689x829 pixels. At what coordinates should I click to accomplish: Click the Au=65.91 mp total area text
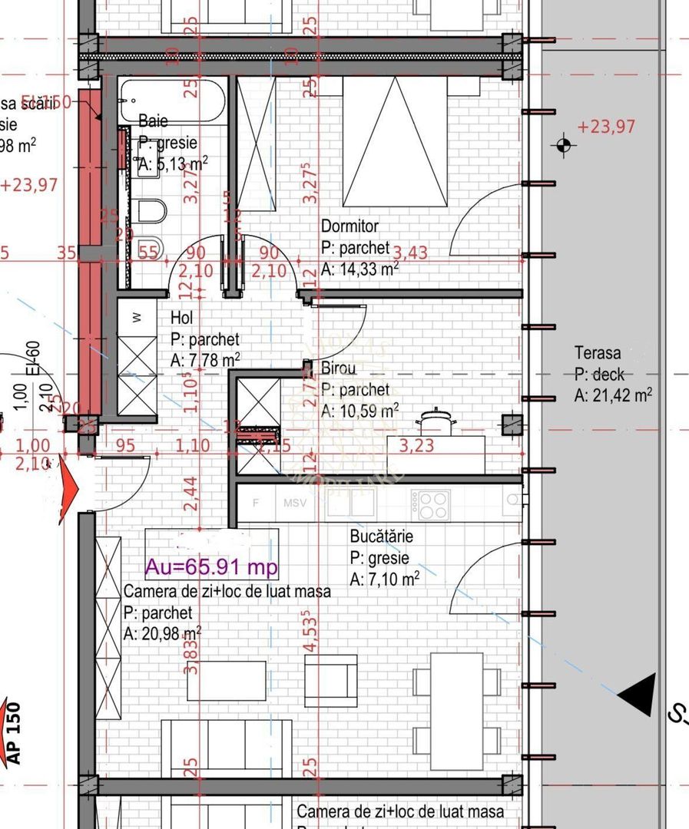(x=211, y=567)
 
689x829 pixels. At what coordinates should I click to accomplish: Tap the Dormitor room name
(x=349, y=226)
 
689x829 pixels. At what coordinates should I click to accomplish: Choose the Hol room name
(x=182, y=318)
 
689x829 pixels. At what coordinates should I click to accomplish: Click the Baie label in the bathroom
(x=153, y=121)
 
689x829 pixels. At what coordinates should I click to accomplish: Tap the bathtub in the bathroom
(x=172, y=99)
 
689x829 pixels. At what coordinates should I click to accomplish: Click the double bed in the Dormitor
(x=394, y=142)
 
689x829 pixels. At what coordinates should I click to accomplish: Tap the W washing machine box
(x=137, y=317)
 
